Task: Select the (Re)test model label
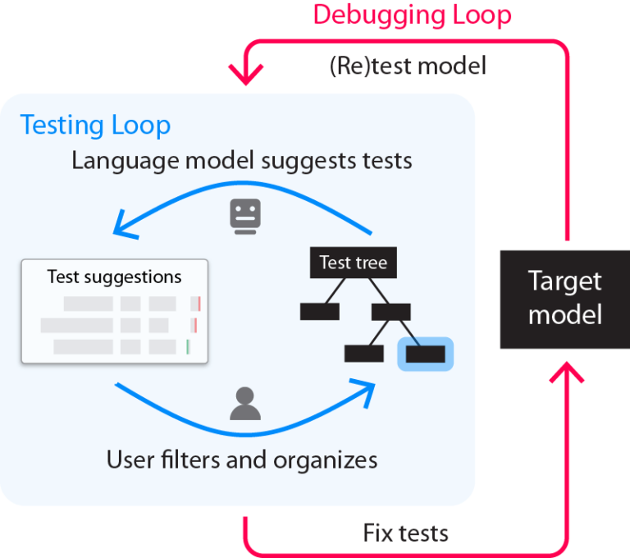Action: pyautogui.click(x=409, y=66)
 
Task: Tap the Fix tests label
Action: pyautogui.click(x=406, y=533)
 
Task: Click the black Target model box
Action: pyautogui.click(x=564, y=299)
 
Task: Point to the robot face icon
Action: pyautogui.click(x=245, y=216)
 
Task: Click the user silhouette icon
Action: pyautogui.click(x=244, y=403)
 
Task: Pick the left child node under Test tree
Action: pyautogui.click(x=319, y=311)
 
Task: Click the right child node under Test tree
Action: pyautogui.click(x=390, y=311)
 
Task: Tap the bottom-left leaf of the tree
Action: pyautogui.click(x=364, y=354)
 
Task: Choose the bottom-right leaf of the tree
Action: pyautogui.click(x=425, y=354)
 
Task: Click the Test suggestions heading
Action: pyautogui.click(x=114, y=277)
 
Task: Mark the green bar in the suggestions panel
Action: pyautogui.click(x=188, y=346)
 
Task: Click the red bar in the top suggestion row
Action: pyautogui.click(x=199, y=304)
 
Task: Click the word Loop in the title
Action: pyautogui.click(x=482, y=16)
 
